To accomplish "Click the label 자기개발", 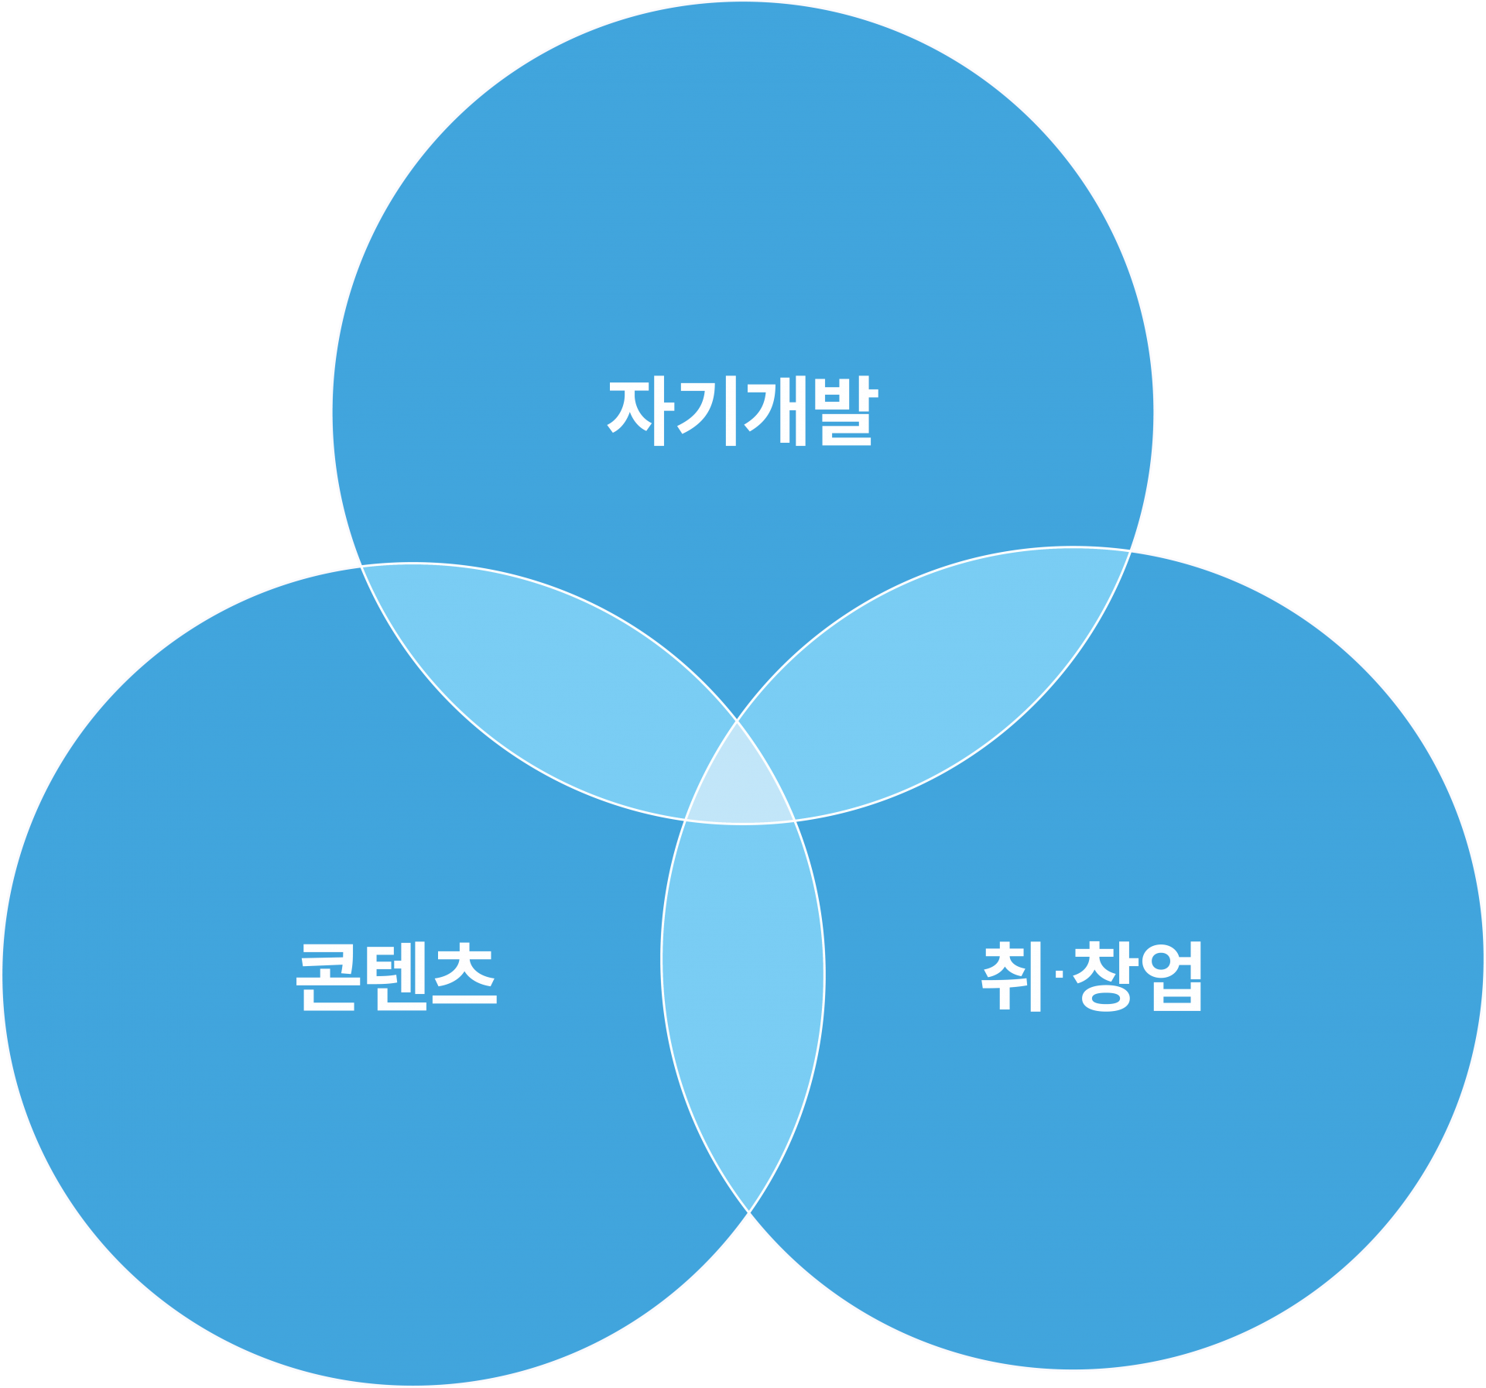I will coord(743,411).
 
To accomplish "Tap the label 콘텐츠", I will coord(396,977).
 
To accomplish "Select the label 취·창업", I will coord(1092,977).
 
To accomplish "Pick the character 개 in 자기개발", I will coord(776,411).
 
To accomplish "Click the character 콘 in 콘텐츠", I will coord(327,977).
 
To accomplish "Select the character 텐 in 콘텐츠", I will coord(396,977).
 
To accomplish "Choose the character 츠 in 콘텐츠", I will coord(465,977).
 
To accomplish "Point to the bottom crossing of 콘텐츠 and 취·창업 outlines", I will coord(749,1212).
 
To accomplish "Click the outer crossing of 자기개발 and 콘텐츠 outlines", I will coord(361,566).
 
